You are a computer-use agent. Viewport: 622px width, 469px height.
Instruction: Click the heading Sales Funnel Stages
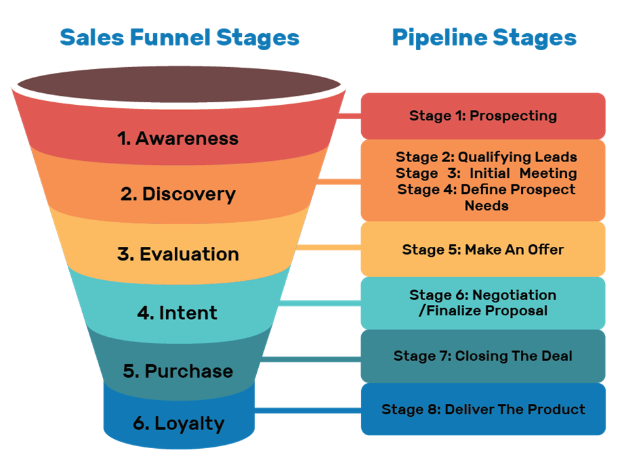coord(179,37)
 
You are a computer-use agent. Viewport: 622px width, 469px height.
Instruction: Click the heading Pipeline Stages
coord(484,37)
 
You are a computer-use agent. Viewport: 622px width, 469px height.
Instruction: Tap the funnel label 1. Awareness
coord(178,138)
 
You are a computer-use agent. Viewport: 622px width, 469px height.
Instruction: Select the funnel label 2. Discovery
coord(178,194)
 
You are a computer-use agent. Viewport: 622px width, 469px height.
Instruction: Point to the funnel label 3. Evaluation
coord(178,254)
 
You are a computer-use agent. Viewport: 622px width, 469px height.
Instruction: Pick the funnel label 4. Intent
coord(177,313)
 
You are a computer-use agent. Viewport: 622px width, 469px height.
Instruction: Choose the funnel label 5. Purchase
coord(178,371)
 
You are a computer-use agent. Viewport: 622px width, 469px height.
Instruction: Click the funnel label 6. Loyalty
coord(179,423)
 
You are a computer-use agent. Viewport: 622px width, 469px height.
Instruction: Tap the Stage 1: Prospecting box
coord(483,116)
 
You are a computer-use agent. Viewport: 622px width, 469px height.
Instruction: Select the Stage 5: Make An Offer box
coord(483,249)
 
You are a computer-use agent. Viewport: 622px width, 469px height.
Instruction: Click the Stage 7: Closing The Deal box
coord(483,356)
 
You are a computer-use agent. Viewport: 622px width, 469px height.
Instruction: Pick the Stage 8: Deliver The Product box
coord(483,410)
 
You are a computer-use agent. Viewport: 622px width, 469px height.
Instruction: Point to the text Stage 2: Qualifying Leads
coord(486,157)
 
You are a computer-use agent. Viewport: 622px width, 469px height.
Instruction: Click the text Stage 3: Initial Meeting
coord(486,173)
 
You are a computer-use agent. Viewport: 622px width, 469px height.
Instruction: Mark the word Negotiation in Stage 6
coord(514,295)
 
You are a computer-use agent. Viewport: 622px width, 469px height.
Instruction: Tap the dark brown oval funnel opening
coord(178,85)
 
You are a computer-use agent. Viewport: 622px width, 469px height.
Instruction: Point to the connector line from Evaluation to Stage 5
coord(329,248)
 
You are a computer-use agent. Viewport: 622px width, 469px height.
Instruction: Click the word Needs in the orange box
coord(486,206)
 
